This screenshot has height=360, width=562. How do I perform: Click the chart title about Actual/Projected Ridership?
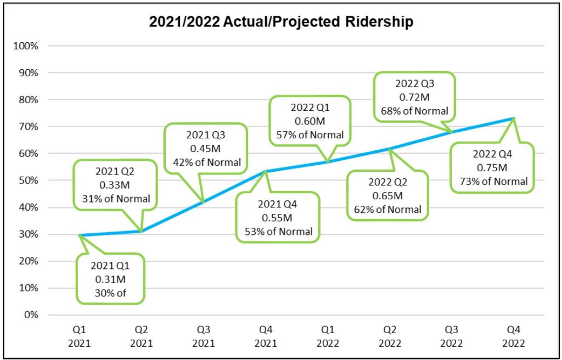pos(281,22)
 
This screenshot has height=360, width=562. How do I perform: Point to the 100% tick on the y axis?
pos(27,46)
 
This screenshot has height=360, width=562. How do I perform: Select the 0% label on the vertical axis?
pos(31,315)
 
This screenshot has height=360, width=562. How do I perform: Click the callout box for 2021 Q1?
pos(110,279)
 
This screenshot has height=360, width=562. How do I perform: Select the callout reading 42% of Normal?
pos(206,148)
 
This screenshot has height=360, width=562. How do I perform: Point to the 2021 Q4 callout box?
pos(278,217)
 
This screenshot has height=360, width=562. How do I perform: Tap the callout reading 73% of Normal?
pos(492,167)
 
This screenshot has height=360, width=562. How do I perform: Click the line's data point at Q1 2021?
pos(80,235)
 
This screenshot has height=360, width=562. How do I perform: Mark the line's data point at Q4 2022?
pos(513,118)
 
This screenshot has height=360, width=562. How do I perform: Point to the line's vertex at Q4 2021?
pos(266,171)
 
